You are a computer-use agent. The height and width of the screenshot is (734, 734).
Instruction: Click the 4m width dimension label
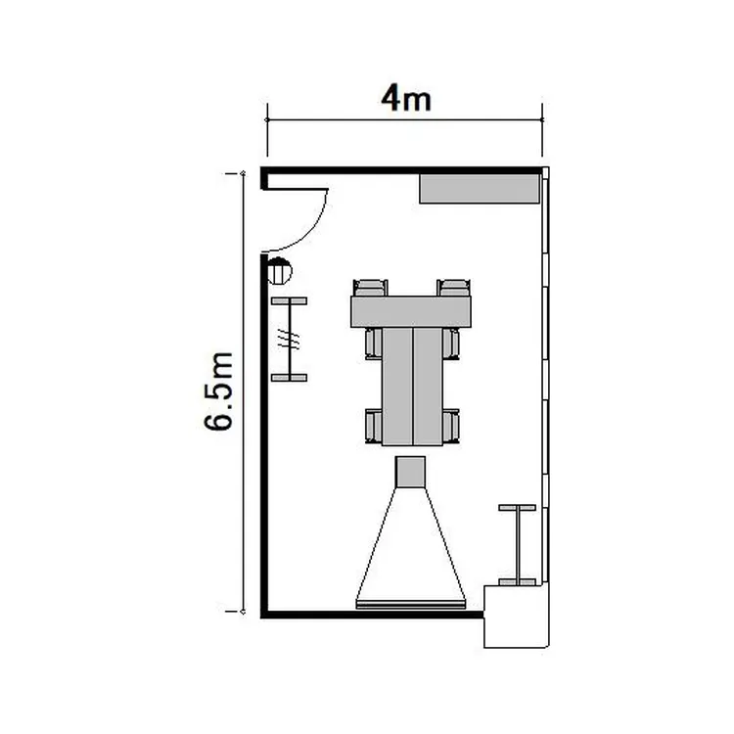click(406, 99)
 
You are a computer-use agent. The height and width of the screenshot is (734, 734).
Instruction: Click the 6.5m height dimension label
click(218, 390)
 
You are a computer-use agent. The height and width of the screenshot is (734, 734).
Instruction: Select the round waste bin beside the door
click(280, 271)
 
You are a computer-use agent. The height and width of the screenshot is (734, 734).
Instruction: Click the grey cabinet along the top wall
click(480, 189)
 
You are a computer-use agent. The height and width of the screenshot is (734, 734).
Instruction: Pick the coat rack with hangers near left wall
click(290, 340)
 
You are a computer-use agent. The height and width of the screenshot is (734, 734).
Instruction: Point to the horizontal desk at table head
click(411, 312)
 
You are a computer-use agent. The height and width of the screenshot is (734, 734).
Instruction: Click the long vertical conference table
click(412, 387)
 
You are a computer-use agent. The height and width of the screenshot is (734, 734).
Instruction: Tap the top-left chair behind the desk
click(370, 288)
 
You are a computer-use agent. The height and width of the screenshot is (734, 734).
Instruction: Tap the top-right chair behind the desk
click(453, 288)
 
